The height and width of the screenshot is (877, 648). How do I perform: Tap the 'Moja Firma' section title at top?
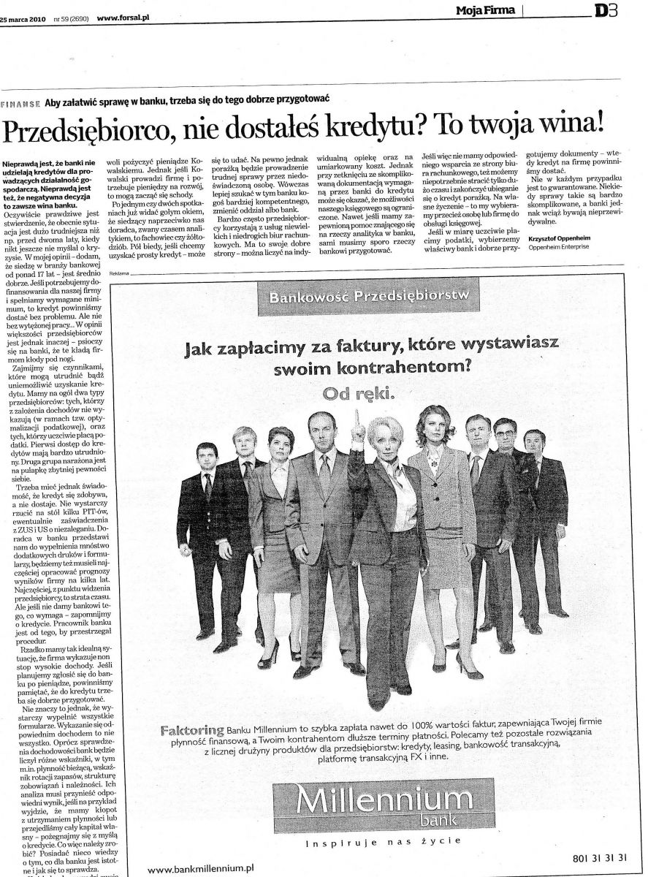[485, 10]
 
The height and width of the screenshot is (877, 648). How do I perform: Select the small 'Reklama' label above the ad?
[118, 273]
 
